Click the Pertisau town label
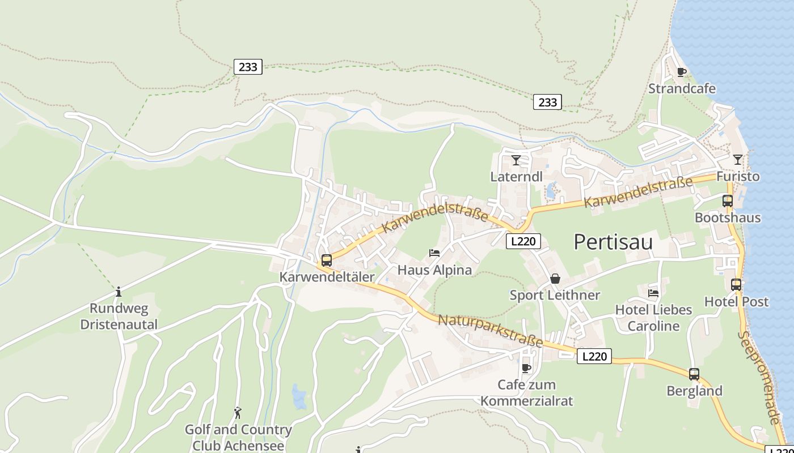pyautogui.click(x=613, y=242)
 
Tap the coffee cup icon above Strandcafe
pyautogui.click(x=682, y=72)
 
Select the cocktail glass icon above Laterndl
pyautogui.click(x=516, y=160)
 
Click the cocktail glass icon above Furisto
pyautogui.click(x=737, y=160)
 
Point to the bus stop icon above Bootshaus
pyautogui.click(x=727, y=200)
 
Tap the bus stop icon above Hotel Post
pyautogui.click(x=736, y=285)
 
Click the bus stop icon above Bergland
pyautogui.click(x=694, y=374)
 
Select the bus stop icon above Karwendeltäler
pyautogui.click(x=327, y=260)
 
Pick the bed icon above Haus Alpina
pyautogui.click(x=434, y=253)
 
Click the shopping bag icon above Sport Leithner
pyautogui.click(x=555, y=279)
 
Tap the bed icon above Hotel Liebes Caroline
pyautogui.click(x=653, y=293)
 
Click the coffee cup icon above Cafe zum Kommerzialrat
pyautogui.click(x=526, y=368)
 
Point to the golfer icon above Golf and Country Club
pyautogui.click(x=238, y=413)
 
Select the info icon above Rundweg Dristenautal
pyautogui.click(x=119, y=292)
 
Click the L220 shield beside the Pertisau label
pyautogui.click(x=523, y=241)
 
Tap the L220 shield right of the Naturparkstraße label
pyautogui.click(x=594, y=356)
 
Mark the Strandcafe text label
pyautogui.click(x=682, y=89)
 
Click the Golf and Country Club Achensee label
pyautogui.click(x=238, y=437)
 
